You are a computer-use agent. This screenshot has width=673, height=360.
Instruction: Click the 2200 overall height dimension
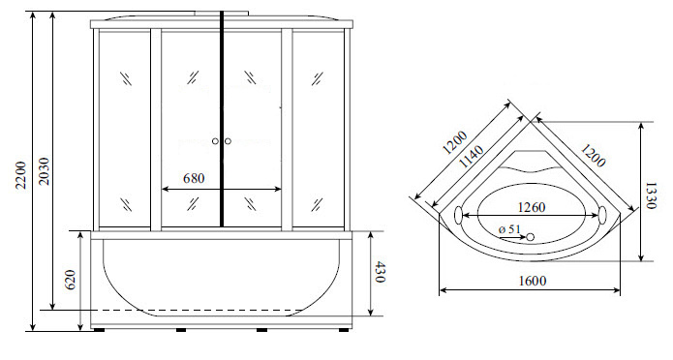click(21, 174)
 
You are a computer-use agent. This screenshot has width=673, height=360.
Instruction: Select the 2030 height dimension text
click(44, 171)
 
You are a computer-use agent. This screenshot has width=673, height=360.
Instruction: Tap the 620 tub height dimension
click(71, 280)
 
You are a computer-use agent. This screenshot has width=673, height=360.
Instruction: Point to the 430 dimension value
click(379, 272)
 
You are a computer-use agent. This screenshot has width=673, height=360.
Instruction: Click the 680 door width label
click(194, 178)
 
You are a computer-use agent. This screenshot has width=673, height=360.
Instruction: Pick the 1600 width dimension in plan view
click(533, 281)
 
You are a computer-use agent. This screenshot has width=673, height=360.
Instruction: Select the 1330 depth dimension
click(651, 195)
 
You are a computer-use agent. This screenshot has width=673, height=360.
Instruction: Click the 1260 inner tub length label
click(532, 207)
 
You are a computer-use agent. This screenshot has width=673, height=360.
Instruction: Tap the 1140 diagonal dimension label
click(472, 156)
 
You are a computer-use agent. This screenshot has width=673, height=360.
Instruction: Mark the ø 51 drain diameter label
click(509, 229)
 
